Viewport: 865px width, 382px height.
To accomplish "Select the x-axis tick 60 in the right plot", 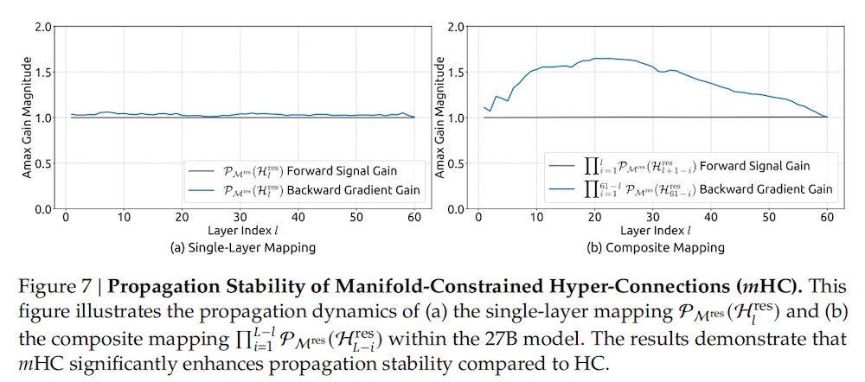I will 828,218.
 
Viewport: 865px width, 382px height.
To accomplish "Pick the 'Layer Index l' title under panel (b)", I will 655,232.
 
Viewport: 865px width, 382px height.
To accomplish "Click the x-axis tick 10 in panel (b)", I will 537,218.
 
